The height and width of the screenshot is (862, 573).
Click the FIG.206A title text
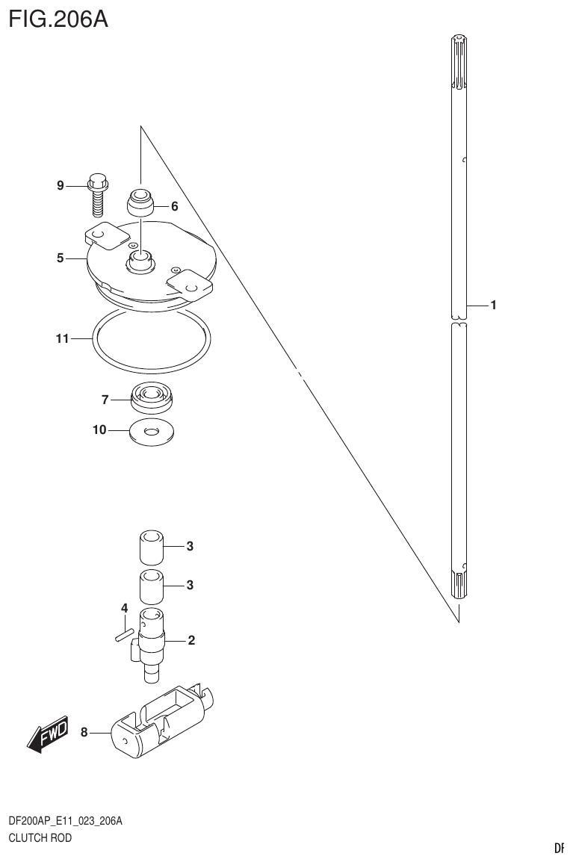[x=58, y=18]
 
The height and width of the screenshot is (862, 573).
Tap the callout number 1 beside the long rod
[x=493, y=305]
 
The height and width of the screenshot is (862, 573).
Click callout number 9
[x=61, y=185]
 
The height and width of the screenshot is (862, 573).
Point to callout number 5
[x=61, y=258]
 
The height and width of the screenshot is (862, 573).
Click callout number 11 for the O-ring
[x=61, y=338]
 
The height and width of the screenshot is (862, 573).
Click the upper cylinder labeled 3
[x=152, y=546]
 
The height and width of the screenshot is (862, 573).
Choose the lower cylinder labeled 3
[x=152, y=586]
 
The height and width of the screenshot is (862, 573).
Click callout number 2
[x=191, y=640]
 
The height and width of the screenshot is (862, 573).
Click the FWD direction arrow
[x=49, y=734]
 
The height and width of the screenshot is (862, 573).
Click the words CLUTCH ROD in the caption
[x=40, y=838]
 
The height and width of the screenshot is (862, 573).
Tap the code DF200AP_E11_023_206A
[x=65, y=822]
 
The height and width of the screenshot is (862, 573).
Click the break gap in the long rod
[x=459, y=321]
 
